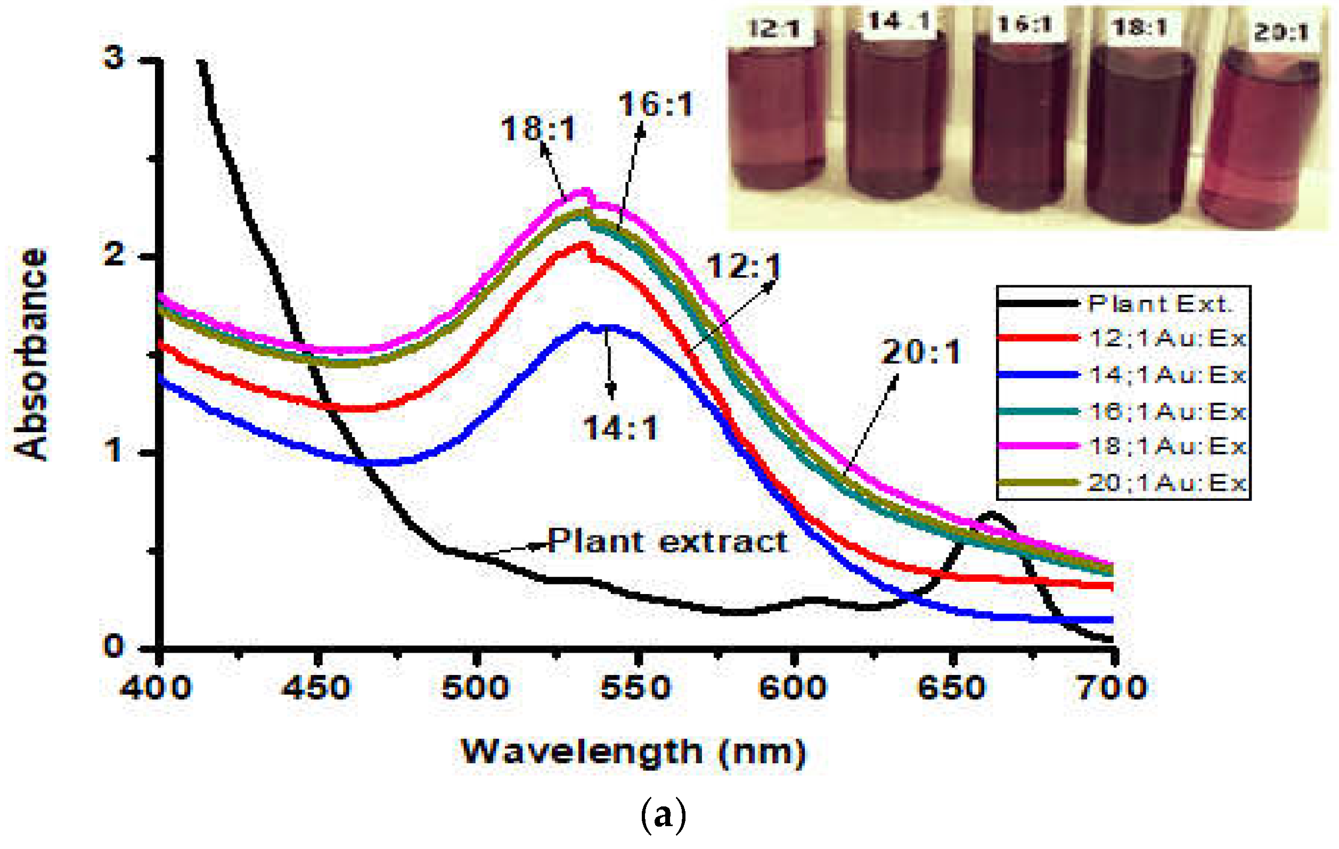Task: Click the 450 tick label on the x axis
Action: (317, 688)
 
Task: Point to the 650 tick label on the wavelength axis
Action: (952, 688)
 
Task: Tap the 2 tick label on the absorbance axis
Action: (114, 255)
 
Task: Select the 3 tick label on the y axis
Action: (114, 57)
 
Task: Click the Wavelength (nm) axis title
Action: (633, 752)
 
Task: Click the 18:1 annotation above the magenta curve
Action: (538, 129)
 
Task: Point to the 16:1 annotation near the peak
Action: (656, 104)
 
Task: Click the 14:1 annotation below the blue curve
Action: (620, 428)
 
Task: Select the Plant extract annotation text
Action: (667, 541)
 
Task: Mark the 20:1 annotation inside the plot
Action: (921, 352)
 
